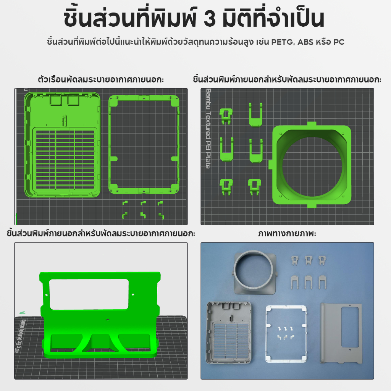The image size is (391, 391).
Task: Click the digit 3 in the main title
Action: pyautogui.click(x=210, y=19)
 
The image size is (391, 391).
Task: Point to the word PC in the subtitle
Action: pyautogui.click(x=339, y=42)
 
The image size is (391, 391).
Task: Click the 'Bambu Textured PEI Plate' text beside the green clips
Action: pyautogui.click(x=208, y=128)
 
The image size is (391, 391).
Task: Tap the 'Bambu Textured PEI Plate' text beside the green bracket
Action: pyautogui.click(x=23, y=336)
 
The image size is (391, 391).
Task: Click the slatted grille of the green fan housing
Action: pyautogui.click(x=65, y=159)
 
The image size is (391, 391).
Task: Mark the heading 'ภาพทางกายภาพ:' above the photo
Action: pyautogui.click(x=287, y=234)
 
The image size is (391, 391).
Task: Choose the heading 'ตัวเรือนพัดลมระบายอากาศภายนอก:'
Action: pyautogui.click(x=101, y=79)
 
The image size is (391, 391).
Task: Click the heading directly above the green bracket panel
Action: pyautogui.click(x=101, y=234)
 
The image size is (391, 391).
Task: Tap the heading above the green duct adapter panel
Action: pyautogui.click(x=287, y=79)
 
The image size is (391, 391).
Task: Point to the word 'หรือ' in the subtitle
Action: pyautogui.click(x=323, y=42)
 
